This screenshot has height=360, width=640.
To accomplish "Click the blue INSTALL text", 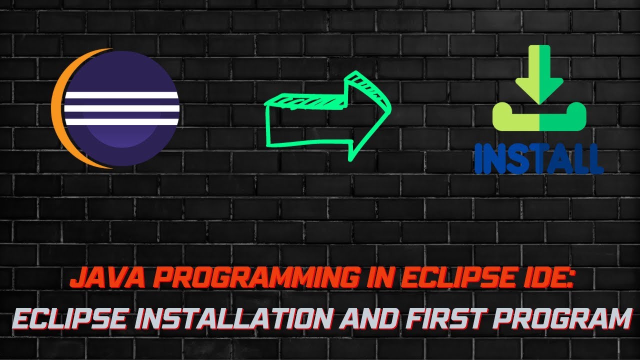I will pyautogui.click(x=538, y=158).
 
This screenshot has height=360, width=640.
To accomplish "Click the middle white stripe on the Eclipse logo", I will pyautogui.click(x=121, y=108).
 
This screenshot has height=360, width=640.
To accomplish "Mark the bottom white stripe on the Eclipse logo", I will pyautogui.click(x=121, y=121).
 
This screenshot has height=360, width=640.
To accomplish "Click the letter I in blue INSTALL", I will pyautogui.click(x=479, y=158).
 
